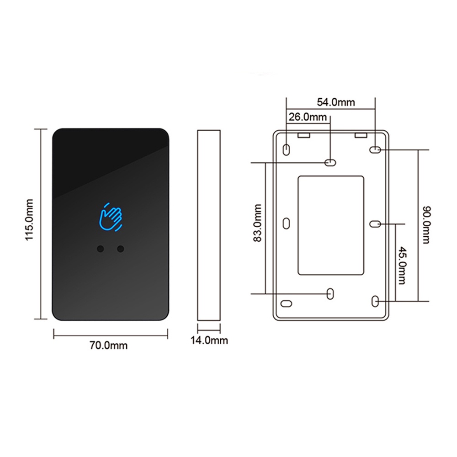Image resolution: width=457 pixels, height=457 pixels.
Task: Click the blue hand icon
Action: [111, 217]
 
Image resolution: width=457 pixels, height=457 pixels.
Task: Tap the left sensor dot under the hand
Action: [100, 249]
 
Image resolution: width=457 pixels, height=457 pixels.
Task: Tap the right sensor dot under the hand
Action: [121, 249]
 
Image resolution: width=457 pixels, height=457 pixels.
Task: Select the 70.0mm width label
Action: [108, 345]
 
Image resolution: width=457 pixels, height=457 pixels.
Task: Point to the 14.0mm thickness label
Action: [209, 340]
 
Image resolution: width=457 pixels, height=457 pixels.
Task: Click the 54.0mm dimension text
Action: [336, 102]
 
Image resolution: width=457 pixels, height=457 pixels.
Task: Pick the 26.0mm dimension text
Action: [308, 117]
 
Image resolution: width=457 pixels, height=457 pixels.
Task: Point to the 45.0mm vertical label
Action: [401, 266]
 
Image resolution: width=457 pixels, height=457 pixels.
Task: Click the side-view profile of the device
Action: [209, 226]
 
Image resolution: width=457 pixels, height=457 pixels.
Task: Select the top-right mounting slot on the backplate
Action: [375, 149]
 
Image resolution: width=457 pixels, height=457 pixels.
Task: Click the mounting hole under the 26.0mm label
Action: [329, 162]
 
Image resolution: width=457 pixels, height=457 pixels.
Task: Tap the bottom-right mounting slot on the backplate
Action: [375, 300]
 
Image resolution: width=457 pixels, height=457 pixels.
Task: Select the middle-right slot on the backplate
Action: [375, 223]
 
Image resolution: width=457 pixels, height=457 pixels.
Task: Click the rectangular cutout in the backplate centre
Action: [331, 225]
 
